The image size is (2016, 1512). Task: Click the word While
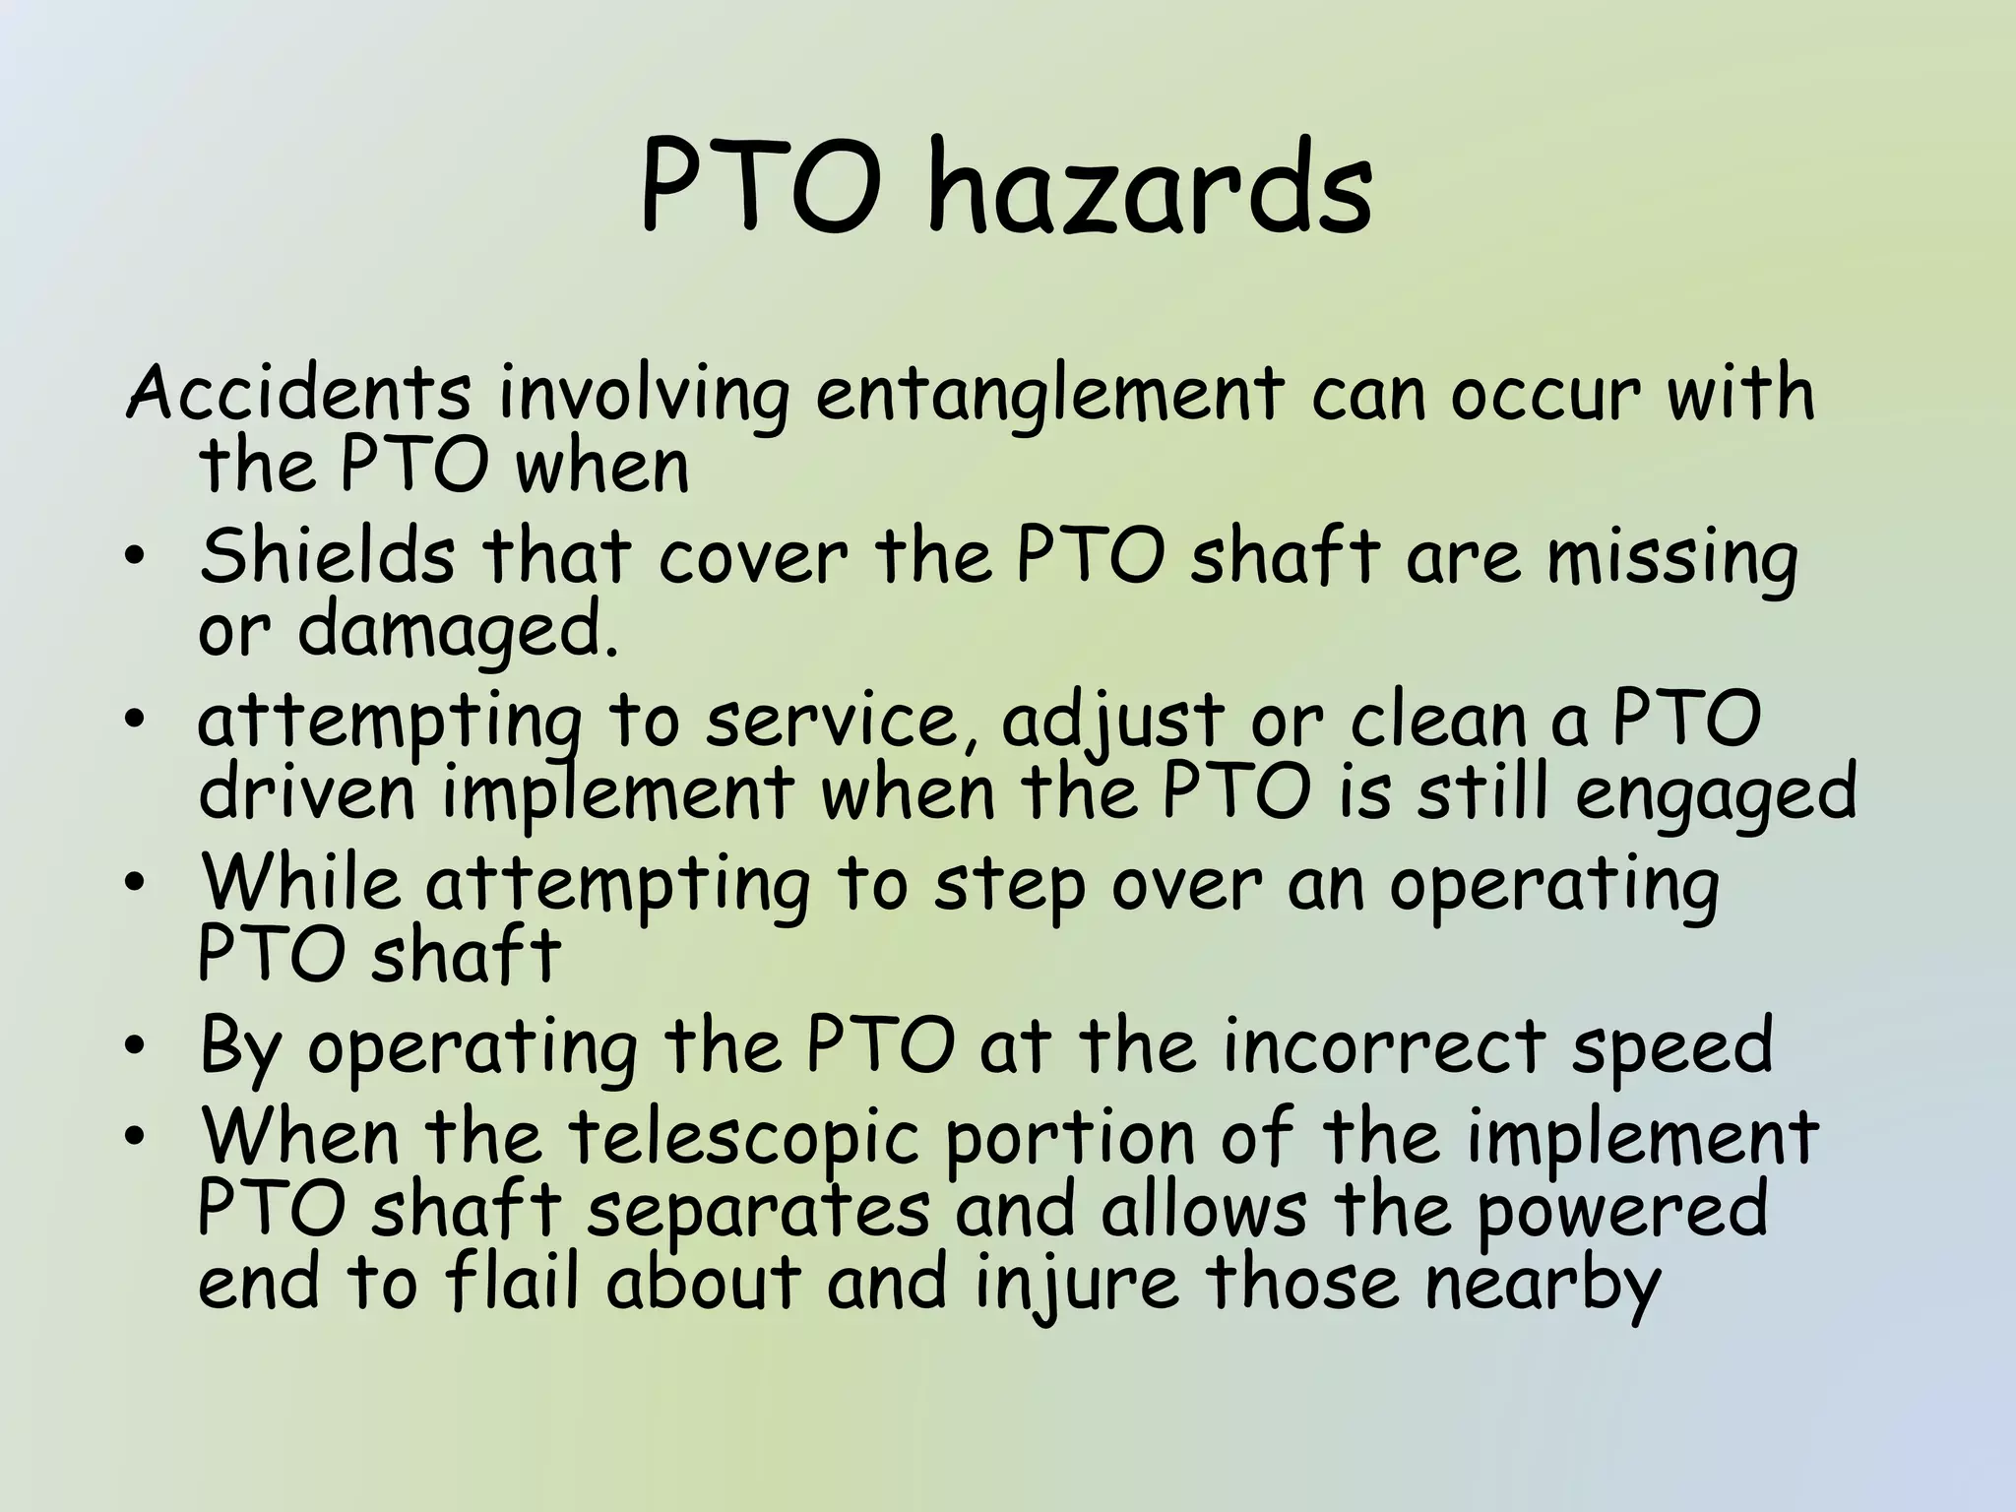pyautogui.click(x=300, y=883)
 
